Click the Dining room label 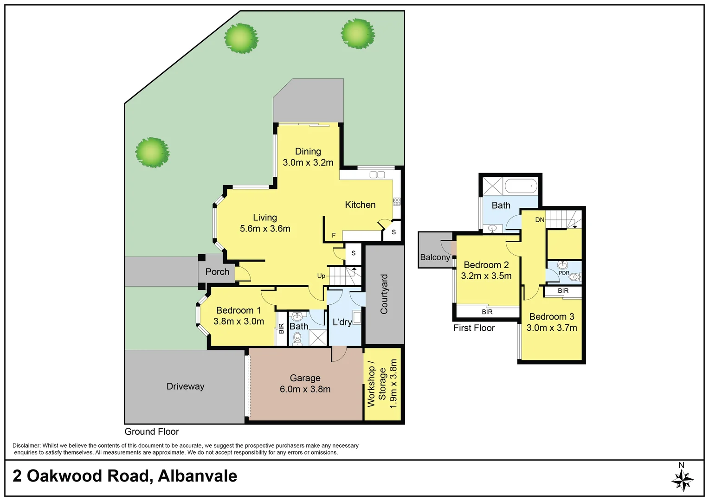(x=308, y=152)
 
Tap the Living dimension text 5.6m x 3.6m (x=265, y=229)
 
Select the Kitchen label (x=360, y=205)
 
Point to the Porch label (x=217, y=272)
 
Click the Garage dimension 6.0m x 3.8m (x=305, y=390)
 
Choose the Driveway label (x=185, y=386)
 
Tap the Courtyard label (x=384, y=294)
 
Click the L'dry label (x=342, y=322)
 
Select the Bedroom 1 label (x=238, y=310)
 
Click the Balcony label (x=435, y=257)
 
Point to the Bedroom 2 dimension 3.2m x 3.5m (x=486, y=276)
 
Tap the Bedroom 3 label (x=551, y=317)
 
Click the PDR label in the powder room (x=564, y=273)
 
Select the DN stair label (x=540, y=220)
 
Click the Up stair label (x=321, y=276)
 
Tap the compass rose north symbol (x=682, y=479)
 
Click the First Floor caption (x=474, y=328)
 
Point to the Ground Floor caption (x=151, y=432)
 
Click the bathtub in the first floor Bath (x=521, y=186)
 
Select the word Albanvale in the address (x=197, y=476)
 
